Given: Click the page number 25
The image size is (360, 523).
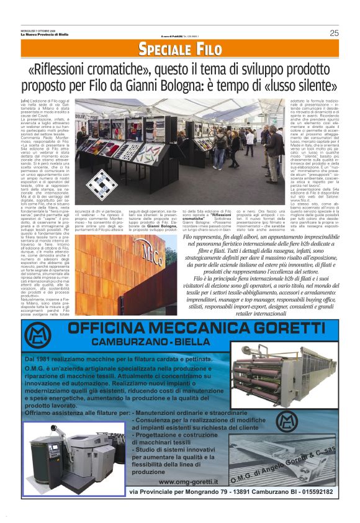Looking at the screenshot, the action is click(334, 33).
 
